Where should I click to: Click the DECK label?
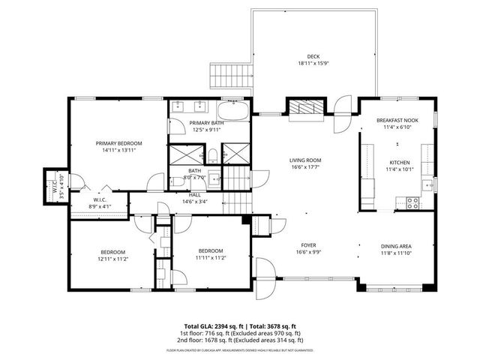click(x=313, y=56)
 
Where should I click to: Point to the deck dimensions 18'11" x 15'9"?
click(x=313, y=64)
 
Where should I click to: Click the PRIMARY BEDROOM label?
click(x=118, y=142)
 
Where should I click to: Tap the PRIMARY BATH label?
click(x=206, y=123)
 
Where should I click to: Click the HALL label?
click(x=195, y=194)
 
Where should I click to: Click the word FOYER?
click(x=308, y=245)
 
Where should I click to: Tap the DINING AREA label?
click(x=396, y=245)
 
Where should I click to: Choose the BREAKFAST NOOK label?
click(x=397, y=120)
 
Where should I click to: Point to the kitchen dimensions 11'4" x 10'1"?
click(x=399, y=169)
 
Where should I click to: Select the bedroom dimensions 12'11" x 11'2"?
click(x=113, y=259)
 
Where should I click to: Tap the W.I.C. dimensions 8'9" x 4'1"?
click(x=99, y=205)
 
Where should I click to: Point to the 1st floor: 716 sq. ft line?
click(x=239, y=333)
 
